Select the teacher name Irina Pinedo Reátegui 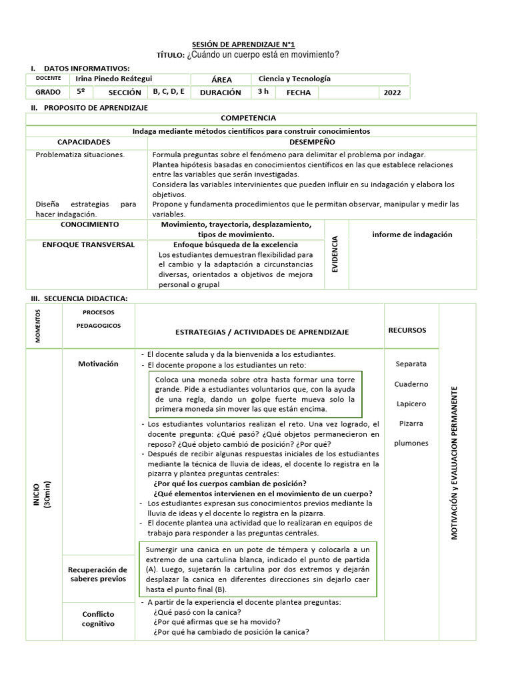tap(114, 79)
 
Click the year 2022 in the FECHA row tap(392, 93)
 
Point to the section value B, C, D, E tap(169, 92)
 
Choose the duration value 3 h tap(263, 92)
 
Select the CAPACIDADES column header tap(83, 142)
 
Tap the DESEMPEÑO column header tap(312, 142)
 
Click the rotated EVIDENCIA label tap(335, 254)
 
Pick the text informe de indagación tap(412, 234)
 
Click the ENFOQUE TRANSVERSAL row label tap(88, 245)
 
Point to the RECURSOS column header tap(407, 330)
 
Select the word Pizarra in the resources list tap(411, 424)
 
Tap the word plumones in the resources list tap(411, 444)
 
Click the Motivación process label tap(98, 364)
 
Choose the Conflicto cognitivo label tap(98, 619)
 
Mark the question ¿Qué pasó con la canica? tap(197, 612)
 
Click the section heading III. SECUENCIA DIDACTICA tap(79, 298)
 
